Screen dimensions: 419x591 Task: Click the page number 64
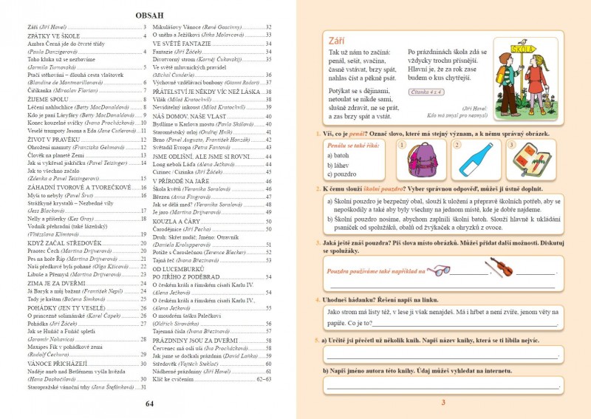point(149,403)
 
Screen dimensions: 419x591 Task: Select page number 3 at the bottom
point(443,403)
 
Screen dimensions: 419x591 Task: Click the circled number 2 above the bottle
point(457,144)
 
